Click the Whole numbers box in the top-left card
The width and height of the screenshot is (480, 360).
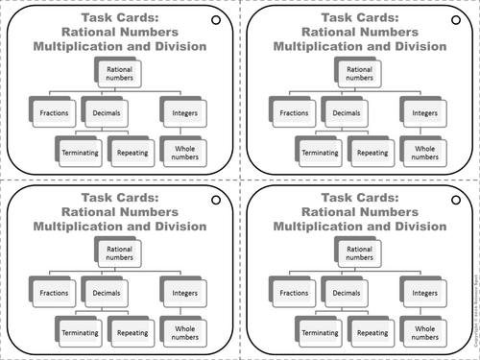(182, 152)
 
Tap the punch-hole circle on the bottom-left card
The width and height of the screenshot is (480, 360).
(215, 201)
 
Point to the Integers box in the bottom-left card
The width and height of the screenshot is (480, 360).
(182, 292)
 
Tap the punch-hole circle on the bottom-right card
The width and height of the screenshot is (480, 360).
(455, 201)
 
